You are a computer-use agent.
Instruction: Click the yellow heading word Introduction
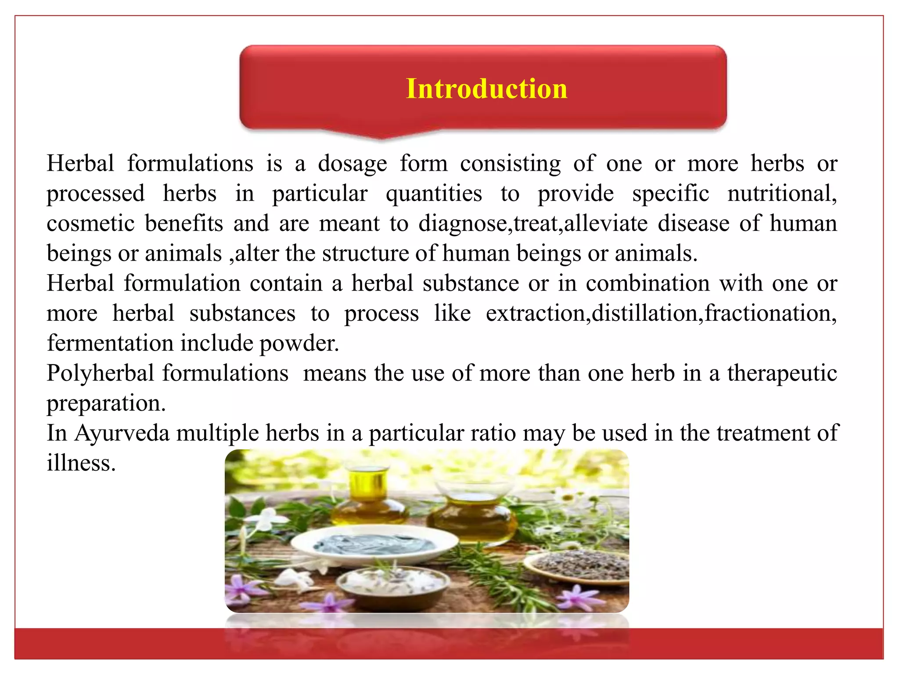(486, 89)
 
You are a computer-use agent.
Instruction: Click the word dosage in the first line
(352, 164)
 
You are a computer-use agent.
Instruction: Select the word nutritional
(781, 194)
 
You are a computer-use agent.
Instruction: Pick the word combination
(647, 283)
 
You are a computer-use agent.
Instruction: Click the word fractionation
(770, 313)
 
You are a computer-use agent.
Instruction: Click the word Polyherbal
(100, 374)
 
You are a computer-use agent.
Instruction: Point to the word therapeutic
(782, 374)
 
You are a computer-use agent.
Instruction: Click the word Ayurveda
(122, 434)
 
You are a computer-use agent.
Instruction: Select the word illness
(81, 463)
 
